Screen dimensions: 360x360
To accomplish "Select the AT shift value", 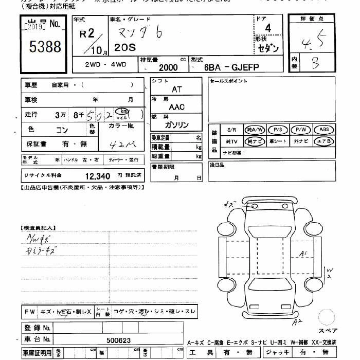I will click(x=176, y=89).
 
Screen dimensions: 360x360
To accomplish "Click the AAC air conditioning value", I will click(x=176, y=107).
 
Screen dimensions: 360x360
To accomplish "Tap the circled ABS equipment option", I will click(x=323, y=130).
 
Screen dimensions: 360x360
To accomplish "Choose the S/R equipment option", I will click(x=231, y=130).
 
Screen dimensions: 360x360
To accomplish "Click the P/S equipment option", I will click(x=278, y=130).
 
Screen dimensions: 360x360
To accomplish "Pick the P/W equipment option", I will click(x=300, y=130).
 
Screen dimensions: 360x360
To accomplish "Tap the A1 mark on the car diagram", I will click(x=304, y=253).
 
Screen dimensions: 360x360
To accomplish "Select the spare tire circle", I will click(x=327, y=317).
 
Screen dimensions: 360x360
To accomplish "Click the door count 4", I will click(x=267, y=28).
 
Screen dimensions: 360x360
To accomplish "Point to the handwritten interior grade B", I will click(x=315, y=63).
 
